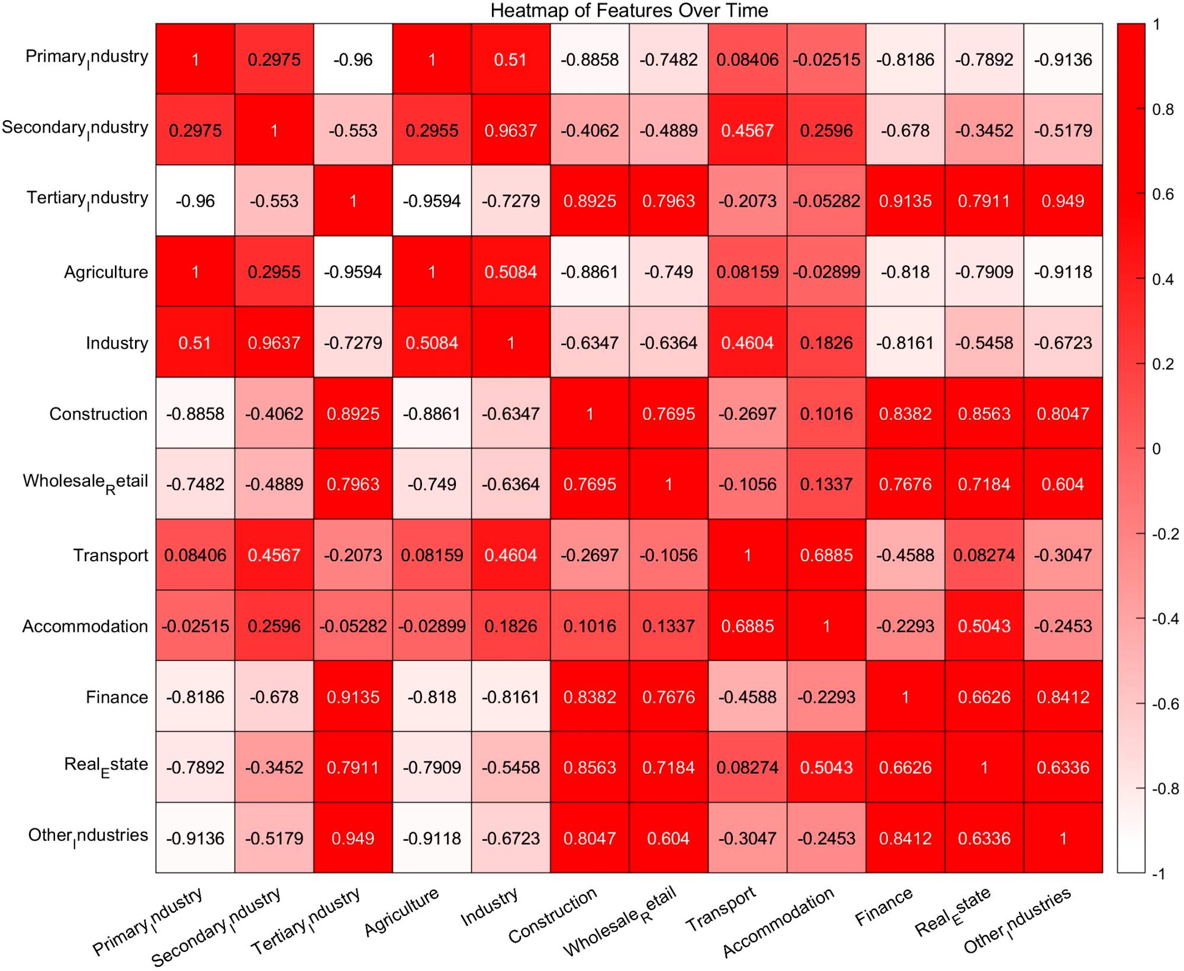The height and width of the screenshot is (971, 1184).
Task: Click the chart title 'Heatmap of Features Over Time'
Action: point(629,11)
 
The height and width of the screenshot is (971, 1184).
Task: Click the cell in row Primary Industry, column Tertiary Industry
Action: point(353,59)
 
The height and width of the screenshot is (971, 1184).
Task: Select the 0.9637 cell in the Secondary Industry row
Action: point(510,130)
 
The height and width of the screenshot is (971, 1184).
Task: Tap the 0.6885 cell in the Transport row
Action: point(826,555)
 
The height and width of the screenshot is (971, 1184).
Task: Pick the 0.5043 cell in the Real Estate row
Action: point(826,767)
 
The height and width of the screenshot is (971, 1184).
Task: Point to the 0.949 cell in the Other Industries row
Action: point(353,838)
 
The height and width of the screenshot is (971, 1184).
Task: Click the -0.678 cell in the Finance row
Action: point(274,697)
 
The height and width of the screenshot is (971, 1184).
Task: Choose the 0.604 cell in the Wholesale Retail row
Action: point(1063,484)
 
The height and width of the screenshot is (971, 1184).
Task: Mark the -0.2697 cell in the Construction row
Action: point(747,413)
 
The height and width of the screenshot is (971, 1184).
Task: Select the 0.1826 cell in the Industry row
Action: point(826,343)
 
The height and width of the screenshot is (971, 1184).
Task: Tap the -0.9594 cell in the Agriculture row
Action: point(353,272)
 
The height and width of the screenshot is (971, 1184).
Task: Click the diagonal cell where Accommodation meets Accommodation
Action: point(826,626)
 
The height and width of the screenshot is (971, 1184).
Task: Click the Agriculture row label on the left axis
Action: point(106,272)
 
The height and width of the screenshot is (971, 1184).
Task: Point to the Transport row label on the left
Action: point(111,555)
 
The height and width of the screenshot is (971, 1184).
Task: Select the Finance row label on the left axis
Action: point(117,697)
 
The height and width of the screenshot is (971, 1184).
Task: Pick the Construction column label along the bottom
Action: point(553,915)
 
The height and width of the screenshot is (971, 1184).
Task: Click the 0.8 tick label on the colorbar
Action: point(1163,110)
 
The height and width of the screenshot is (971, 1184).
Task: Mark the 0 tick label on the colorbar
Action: point(1156,449)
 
